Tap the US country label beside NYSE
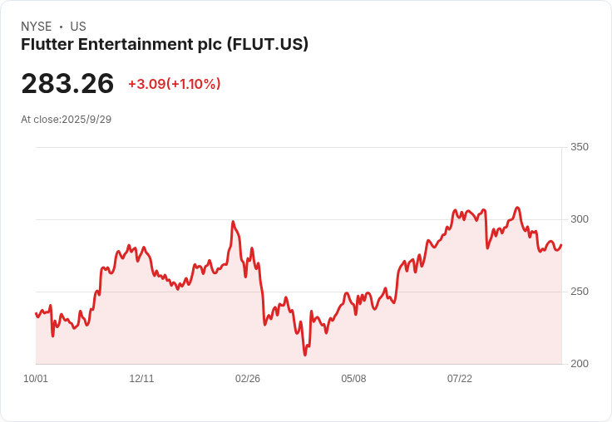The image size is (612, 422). (x=78, y=27)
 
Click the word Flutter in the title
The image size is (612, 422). (x=46, y=44)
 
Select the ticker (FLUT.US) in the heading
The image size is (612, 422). (x=268, y=44)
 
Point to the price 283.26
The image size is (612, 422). (x=67, y=84)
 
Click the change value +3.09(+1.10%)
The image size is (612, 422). (x=174, y=84)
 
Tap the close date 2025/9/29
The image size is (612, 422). (x=86, y=119)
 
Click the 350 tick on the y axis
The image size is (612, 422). (x=580, y=147)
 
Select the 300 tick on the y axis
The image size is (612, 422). (x=580, y=219)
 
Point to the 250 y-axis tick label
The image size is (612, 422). (x=580, y=292)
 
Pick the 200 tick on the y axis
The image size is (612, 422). (x=580, y=364)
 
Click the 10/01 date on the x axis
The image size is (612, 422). (x=36, y=379)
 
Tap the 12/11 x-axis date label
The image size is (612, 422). (x=141, y=379)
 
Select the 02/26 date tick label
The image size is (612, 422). (x=248, y=379)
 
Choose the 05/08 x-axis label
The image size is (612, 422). (x=353, y=379)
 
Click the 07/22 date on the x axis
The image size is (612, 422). (x=460, y=379)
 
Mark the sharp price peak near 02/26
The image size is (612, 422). (x=233, y=222)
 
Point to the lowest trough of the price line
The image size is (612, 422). (x=305, y=355)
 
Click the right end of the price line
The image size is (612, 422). (x=561, y=245)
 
